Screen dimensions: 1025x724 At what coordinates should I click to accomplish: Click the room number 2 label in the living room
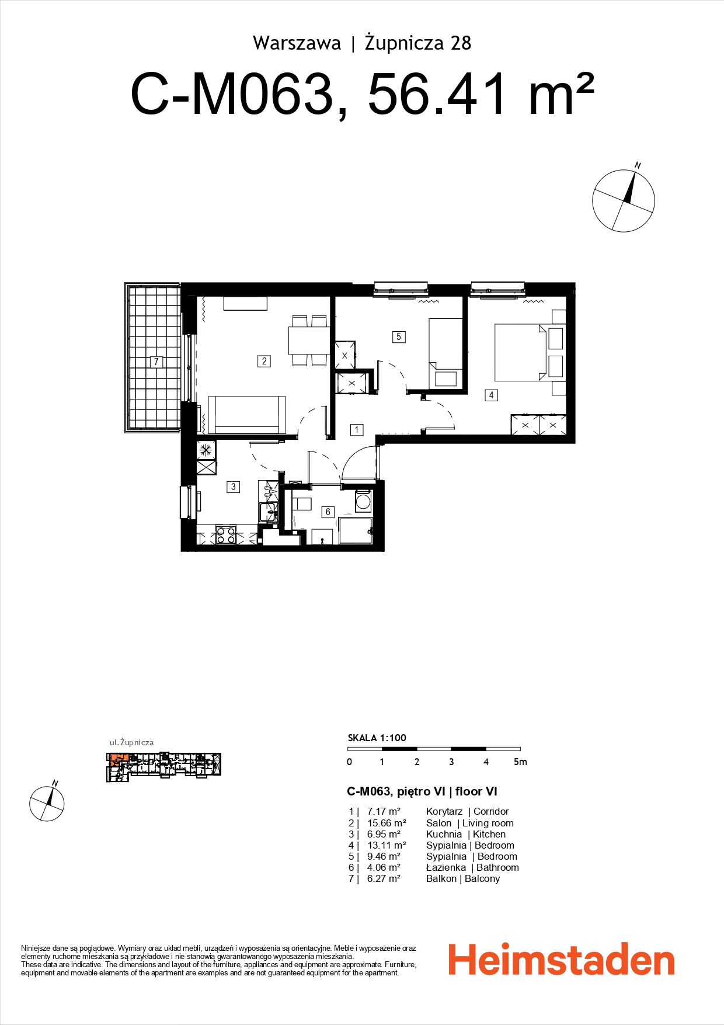pyautogui.click(x=264, y=362)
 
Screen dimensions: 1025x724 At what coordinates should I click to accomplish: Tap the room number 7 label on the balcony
pyautogui.click(x=156, y=362)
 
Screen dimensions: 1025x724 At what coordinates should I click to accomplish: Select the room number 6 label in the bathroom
pyautogui.click(x=328, y=512)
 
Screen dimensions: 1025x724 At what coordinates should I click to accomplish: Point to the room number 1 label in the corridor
pyautogui.click(x=357, y=430)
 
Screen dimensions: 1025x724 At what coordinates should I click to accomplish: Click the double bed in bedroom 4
pyautogui.click(x=520, y=353)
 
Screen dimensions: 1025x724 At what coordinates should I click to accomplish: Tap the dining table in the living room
pyautogui.click(x=309, y=340)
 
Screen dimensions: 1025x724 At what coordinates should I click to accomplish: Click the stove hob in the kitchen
pyautogui.click(x=225, y=535)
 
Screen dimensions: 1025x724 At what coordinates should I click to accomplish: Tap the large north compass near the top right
pyautogui.click(x=624, y=201)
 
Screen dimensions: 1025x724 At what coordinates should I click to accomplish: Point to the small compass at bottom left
pyautogui.click(x=47, y=803)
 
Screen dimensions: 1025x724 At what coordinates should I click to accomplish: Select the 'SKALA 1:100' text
pyautogui.click(x=377, y=738)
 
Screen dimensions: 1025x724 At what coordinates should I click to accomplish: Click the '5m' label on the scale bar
pyautogui.click(x=520, y=762)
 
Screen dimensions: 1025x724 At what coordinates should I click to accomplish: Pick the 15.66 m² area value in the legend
pyautogui.click(x=386, y=823)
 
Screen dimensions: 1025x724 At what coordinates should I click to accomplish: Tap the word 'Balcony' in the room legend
pyautogui.click(x=482, y=878)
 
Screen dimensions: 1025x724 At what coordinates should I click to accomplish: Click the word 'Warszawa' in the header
pyautogui.click(x=297, y=43)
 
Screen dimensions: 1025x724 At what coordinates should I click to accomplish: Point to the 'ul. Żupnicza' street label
pyautogui.click(x=132, y=742)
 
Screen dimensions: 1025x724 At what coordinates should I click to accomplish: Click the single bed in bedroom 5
pyautogui.click(x=445, y=353)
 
